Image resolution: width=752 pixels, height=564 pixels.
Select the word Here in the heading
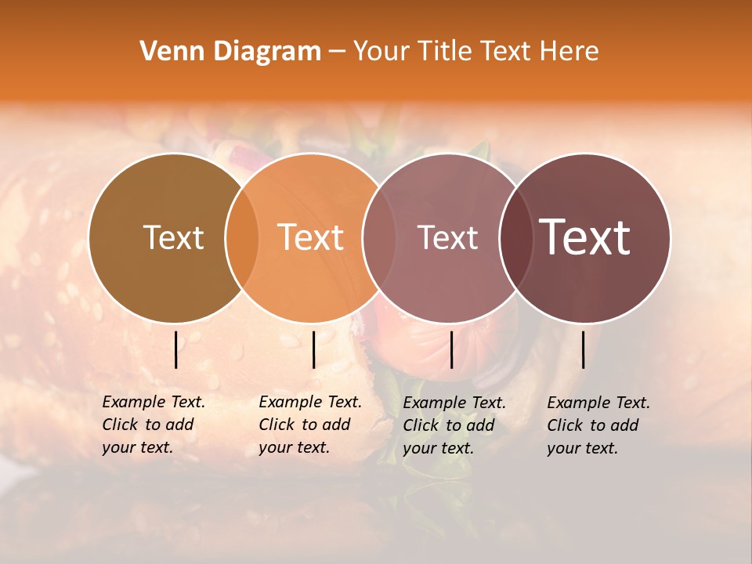pyautogui.click(x=570, y=52)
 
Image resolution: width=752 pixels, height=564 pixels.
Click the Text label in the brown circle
pyautogui.click(x=173, y=237)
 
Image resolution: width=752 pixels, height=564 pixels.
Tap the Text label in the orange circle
pyautogui.click(x=311, y=237)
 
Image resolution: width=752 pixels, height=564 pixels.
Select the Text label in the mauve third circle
pyautogui.click(x=447, y=237)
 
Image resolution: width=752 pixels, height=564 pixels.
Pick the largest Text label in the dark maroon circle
pyautogui.click(x=585, y=237)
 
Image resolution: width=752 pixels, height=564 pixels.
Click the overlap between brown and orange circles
pyautogui.click(x=242, y=238)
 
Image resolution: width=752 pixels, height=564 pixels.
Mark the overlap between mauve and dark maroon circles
pyautogui.click(x=516, y=238)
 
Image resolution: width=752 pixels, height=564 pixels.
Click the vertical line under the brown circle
pyautogui.click(x=175, y=349)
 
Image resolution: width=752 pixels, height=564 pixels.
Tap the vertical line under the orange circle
pyautogui.click(x=313, y=349)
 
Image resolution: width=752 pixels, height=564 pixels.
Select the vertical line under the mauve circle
pyautogui.click(x=451, y=349)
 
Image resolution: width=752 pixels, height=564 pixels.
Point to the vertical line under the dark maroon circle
pyautogui.click(x=583, y=349)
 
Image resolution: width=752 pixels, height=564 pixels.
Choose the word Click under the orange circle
pyautogui.click(x=276, y=425)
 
